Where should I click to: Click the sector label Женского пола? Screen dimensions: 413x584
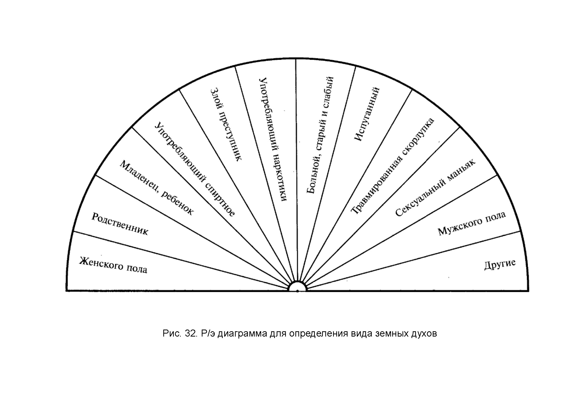click(x=113, y=265)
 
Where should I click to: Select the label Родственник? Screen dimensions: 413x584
click(x=120, y=224)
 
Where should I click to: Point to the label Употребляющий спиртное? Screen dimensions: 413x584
click(x=195, y=169)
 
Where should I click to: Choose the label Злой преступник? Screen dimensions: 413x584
click(x=226, y=124)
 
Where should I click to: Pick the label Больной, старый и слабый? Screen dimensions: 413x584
click(x=320, y=135)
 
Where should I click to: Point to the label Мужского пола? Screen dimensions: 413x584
click(x=472, y=223)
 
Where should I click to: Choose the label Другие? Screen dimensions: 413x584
click(x=500, y=265)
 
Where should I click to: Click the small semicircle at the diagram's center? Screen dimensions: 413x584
click(x=297, y=287)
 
